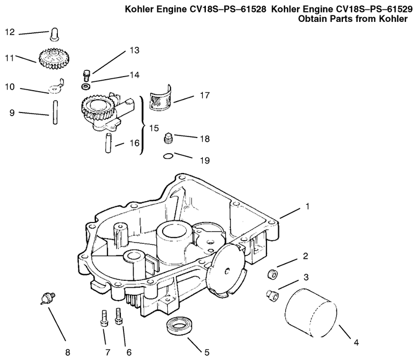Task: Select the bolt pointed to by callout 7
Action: coord(104,318)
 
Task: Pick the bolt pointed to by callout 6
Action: coord(118,316)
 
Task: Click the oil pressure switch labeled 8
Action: coord(48,298)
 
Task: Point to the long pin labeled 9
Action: coord(55,112)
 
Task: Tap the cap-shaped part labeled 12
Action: coord(54,34)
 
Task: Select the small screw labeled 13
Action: coord(87,76)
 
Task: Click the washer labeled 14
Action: coord(86,86)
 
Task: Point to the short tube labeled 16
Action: coord(108,143)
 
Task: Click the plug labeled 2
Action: coord(272,274)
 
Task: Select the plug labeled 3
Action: coord(272,296)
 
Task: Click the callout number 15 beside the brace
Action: coord(154,128)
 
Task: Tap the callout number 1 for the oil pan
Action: coord(308,206)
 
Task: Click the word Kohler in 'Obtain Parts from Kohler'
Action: coord(393,19)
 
